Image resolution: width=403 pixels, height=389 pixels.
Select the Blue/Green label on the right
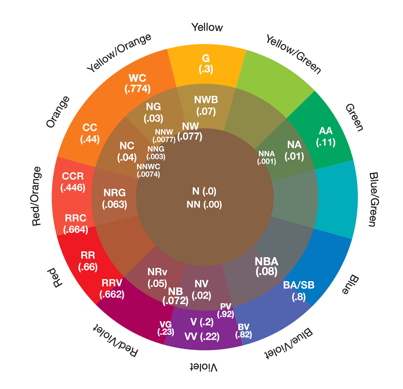tap(372, 199)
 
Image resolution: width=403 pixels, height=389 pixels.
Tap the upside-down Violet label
tap(204, 367)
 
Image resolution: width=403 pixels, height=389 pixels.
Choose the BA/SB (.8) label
tap(299, 291)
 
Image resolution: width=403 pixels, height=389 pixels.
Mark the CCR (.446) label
tap(73, 181)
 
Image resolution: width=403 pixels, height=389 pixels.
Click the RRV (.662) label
tap(112, 288)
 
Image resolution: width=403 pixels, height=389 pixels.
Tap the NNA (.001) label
tap(266, 157)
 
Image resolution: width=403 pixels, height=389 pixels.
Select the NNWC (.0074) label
tap(148, 170)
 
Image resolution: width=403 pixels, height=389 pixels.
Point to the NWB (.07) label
tap(206, 105)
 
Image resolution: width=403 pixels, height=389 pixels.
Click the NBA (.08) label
tap(266, 266)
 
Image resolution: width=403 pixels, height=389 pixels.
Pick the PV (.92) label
tap(226, 310)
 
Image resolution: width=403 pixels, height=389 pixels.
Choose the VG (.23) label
tap(166, 328)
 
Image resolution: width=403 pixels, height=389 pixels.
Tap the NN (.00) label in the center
tap(204, 204)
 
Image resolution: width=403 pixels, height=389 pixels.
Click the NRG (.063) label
tap(114, 198)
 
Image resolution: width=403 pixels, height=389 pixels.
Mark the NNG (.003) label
tap(156, 152)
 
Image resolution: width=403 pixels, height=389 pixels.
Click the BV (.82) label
tap(244, 331)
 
